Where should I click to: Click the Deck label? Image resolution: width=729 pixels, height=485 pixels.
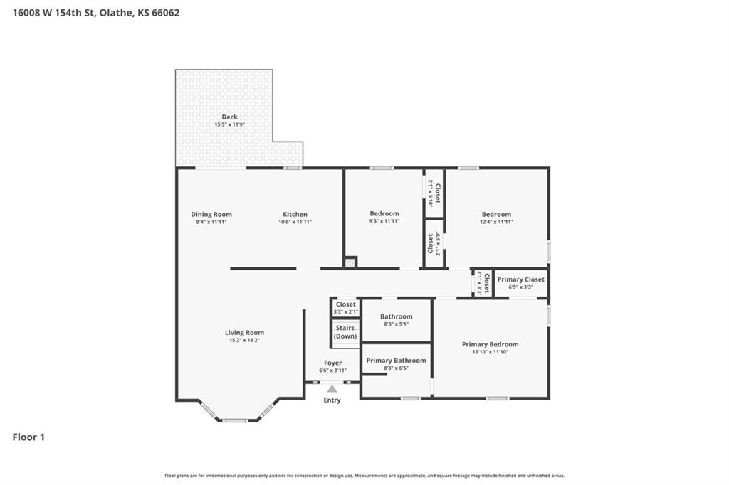click(230, 117)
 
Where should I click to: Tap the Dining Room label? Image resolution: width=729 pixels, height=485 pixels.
click(211, 214)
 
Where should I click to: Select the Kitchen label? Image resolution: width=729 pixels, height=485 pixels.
click(295, 214)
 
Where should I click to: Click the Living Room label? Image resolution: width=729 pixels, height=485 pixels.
click(245, 332)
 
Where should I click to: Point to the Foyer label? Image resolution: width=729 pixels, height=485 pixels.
click(333, 363)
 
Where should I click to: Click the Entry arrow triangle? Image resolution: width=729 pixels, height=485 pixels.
click(332, 388)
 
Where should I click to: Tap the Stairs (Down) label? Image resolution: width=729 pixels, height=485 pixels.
click(345, 331)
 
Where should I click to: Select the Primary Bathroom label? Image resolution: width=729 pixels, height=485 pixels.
click(396, 361)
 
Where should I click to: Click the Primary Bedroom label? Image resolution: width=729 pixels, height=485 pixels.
click(490, 344)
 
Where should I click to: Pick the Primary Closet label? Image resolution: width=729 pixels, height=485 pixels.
click(520, 279)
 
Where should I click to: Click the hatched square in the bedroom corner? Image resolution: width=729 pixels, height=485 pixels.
click(350, 262)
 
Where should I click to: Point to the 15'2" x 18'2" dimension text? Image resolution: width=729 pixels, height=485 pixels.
click(245, 340)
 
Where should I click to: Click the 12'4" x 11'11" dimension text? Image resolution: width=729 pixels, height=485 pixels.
click(496, 222)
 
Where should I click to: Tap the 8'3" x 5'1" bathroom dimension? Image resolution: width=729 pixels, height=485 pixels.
click(396, 324)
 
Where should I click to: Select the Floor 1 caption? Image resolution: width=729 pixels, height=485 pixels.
click(28, 437)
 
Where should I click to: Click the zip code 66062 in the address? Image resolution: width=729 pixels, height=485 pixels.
click(165, 13)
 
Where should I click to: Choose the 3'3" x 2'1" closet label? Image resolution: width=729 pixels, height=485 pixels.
click(346, 311)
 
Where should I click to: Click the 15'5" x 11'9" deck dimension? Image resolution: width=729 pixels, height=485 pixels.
click(230, 124)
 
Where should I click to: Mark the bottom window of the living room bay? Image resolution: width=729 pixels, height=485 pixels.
click(235, 420)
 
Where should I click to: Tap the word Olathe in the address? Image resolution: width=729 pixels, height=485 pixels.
click(115, 13)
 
